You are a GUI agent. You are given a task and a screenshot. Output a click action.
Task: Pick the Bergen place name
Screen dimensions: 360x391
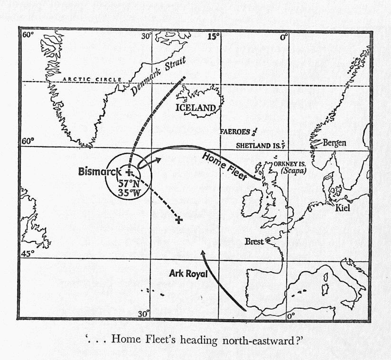[335, 143]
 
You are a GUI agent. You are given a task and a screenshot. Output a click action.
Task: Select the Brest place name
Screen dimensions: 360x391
[254, 241]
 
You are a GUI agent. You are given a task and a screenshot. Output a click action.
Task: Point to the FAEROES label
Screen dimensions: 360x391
[234, 132]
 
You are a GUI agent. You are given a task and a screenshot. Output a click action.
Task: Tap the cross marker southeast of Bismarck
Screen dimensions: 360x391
[179, 220]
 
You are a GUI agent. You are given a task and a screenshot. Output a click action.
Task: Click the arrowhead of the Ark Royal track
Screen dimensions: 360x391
[203, 254]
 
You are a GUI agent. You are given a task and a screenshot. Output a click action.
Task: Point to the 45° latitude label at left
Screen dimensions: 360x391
[28, 253]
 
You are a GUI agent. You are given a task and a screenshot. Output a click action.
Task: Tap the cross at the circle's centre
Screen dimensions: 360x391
[129, 172]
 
